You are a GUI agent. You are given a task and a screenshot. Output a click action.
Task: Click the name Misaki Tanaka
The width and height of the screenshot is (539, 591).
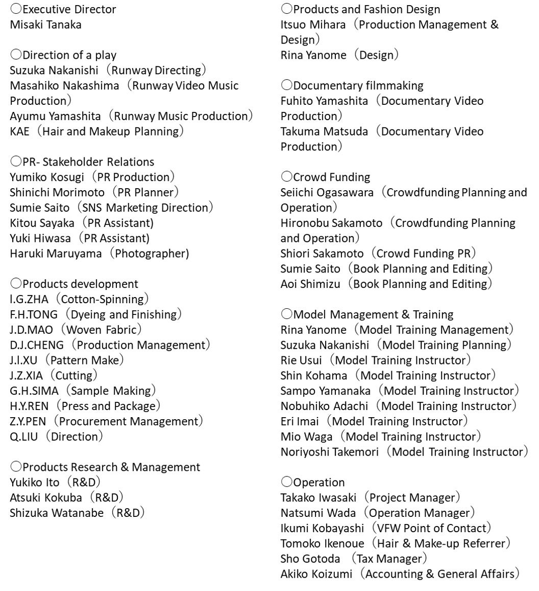tap(45, 25)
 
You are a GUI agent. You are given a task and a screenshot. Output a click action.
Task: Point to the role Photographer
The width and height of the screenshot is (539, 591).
tap(152, 254)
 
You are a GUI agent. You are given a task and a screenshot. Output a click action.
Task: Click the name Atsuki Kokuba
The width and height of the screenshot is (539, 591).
tap(45, 497)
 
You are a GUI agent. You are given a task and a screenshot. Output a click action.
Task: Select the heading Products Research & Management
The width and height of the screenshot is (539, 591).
tap(111, 467)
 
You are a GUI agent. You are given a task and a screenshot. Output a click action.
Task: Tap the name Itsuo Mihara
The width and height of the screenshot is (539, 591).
tap(313, 25)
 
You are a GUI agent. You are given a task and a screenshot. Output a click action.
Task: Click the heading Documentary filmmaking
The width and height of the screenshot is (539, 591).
tap(358, 85)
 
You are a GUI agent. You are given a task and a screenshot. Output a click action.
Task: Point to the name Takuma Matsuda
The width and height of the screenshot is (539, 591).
tap(324, 131)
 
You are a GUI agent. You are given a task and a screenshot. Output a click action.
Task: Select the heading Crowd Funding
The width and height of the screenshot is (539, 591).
tap(331, 177)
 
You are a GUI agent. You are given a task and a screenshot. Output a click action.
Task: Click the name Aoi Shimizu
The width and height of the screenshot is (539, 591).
tap(310, 284)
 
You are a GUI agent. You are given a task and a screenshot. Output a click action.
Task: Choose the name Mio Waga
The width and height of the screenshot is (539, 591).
tap(306, 437)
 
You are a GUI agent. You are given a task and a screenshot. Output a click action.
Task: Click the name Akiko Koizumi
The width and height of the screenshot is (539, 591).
tap(316, 574)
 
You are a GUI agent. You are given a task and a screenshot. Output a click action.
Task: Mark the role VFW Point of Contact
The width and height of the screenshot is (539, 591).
tap(431, 528)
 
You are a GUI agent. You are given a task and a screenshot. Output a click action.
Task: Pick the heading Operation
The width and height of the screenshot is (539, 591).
tap(318, 482)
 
